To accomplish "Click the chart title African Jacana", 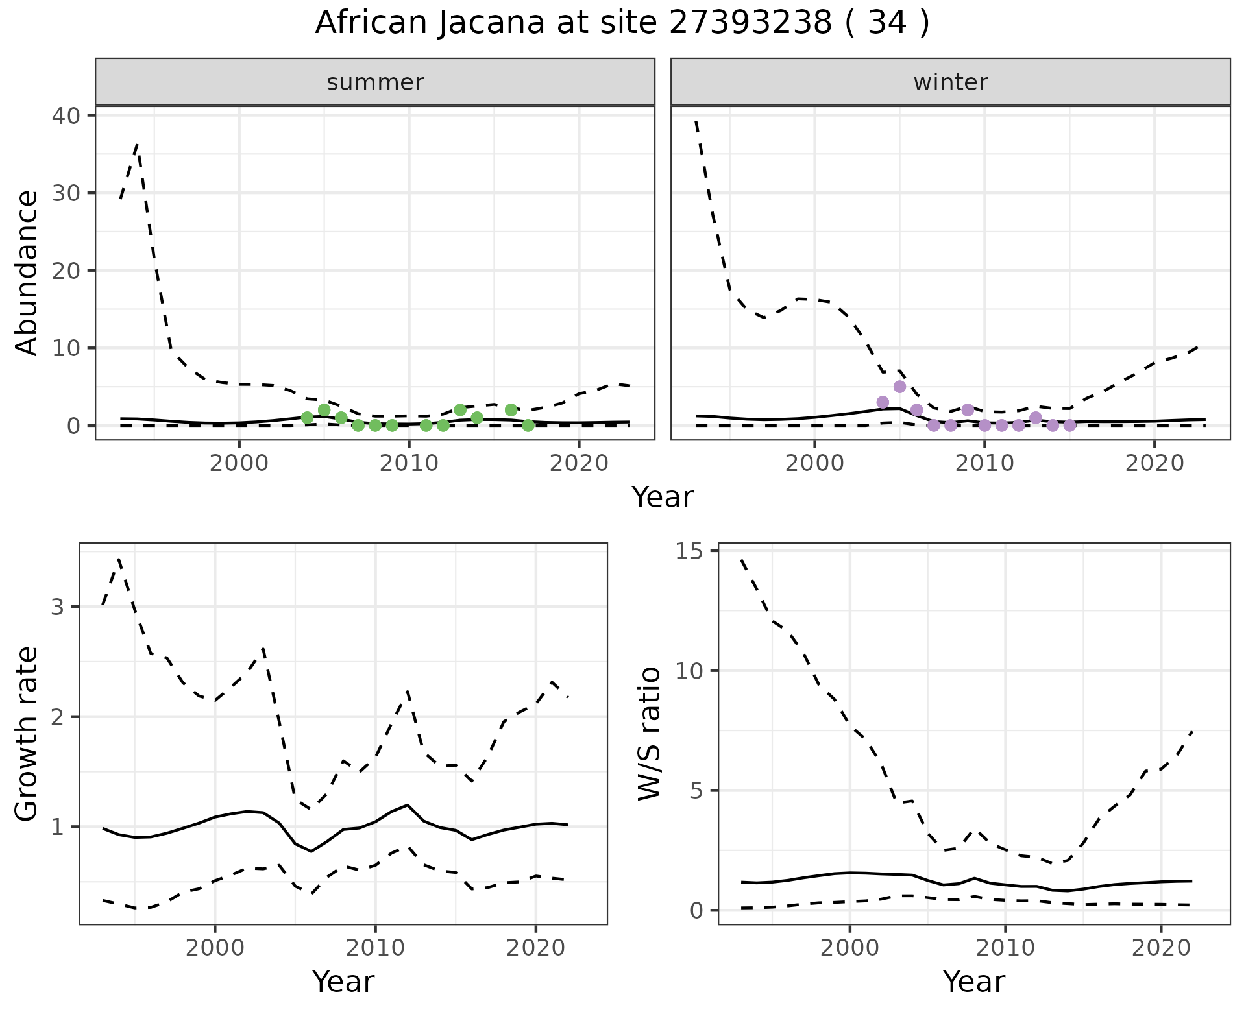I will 622,23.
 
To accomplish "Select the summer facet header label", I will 375,82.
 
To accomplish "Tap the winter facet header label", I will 950,82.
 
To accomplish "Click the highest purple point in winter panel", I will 899,387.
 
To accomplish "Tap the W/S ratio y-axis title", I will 649,733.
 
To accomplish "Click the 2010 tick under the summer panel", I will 409,463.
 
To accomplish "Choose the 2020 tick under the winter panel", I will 1154,463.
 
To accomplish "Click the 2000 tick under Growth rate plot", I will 215,948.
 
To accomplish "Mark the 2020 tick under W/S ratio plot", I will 1161,948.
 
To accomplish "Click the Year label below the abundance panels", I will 662,498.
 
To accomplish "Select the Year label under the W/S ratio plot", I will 973,982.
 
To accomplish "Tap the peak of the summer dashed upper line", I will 138,144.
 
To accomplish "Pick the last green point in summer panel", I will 528,426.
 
